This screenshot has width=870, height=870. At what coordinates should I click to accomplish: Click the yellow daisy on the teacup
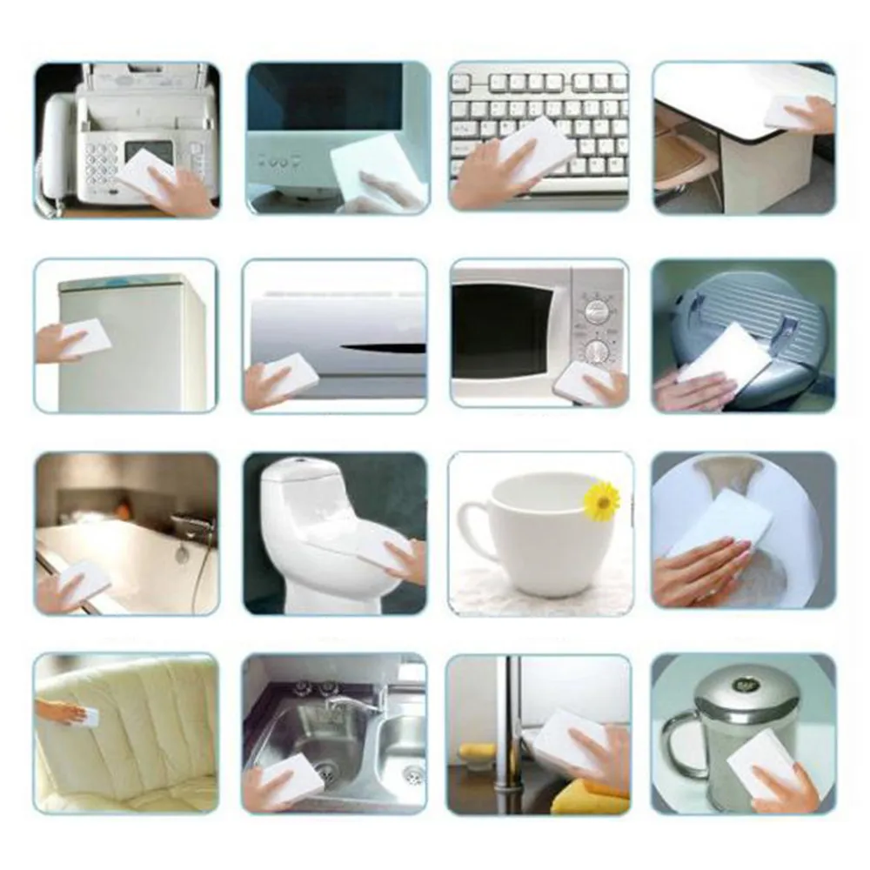tap(601, 501)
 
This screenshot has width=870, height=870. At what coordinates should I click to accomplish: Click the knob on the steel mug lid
tap(746, 685)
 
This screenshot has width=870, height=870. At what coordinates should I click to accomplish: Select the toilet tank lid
tap(300, 469)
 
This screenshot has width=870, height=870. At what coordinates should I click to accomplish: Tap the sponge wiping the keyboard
tap(535, 149)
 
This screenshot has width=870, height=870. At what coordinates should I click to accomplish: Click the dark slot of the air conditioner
tap(383, 348)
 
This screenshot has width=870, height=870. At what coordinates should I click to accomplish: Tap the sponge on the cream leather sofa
tap(90, 717)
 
